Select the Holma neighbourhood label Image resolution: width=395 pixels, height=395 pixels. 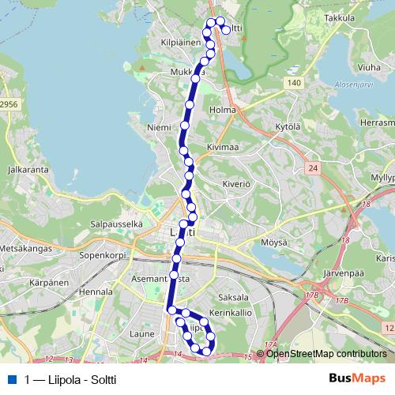tap(224, 110)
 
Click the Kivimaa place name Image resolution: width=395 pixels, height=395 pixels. tap(224, 146)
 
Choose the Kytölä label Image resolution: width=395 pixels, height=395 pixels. tap(288, 126)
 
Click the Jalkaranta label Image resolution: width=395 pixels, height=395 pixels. tap(24, 169)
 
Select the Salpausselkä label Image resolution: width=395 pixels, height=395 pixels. tap(116, 224)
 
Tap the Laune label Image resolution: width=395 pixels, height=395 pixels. tap(141, 334)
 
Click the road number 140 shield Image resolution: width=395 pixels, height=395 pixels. tap(293, 82)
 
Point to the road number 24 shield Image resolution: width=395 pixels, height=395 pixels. tap(313, 167)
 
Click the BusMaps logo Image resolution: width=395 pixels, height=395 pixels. tap(356, 378)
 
